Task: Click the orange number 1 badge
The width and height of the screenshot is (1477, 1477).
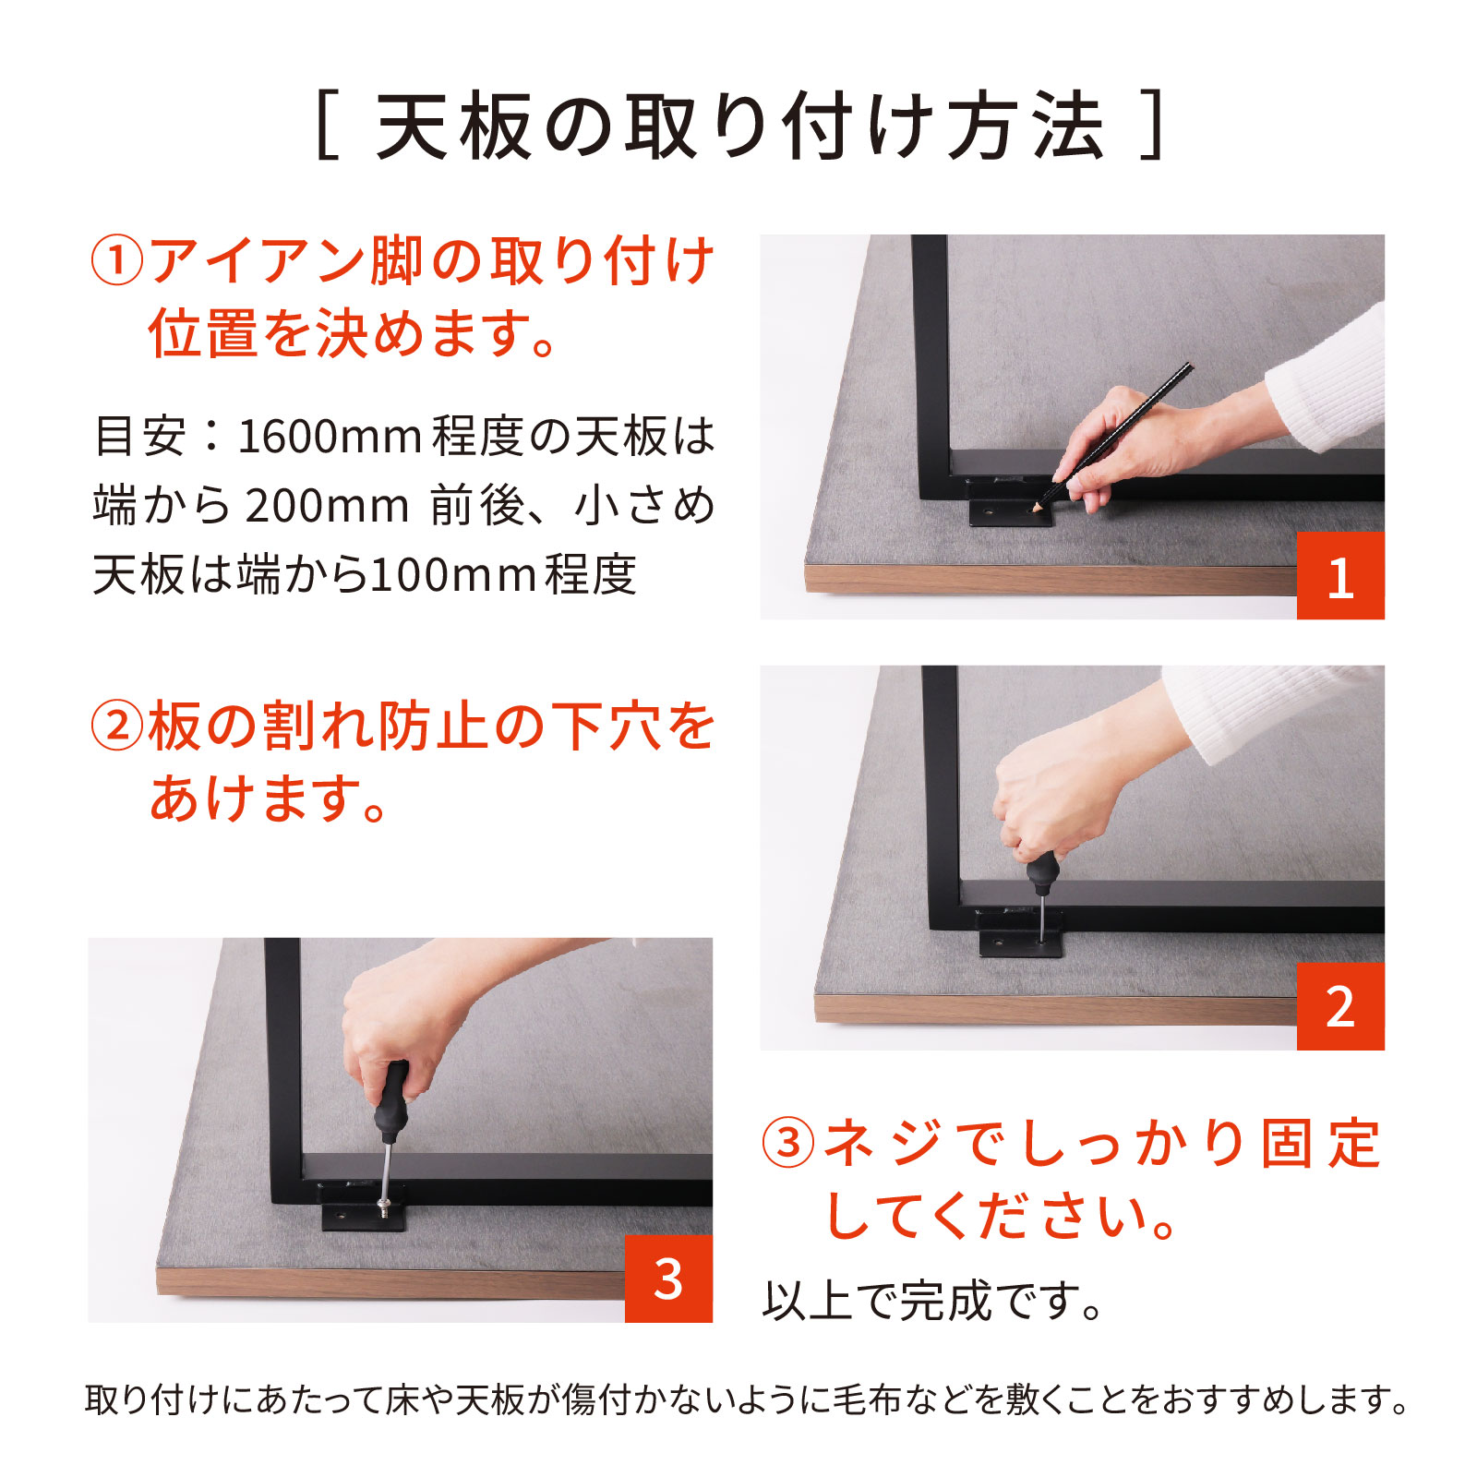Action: pyautogui.click(x=1340, y=575)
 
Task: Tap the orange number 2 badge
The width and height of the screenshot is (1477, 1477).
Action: pyautogui.click(x=1340, y=1006)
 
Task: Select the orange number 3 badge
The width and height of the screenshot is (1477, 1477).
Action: pyautogui.click(x=668, y=1279)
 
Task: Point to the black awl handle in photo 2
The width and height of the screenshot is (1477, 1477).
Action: pyautogui.click(x=1042, y=873)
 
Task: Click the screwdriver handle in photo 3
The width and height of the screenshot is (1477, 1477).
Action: pyautogui.click(x=391, y=1103)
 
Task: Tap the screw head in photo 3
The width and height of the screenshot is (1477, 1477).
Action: pyautogui.click(x=384, y=1204)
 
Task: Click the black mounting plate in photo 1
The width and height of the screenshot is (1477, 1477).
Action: pyautogui.click(x=1011, y=510)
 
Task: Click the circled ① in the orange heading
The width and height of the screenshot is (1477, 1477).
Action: pyautogui.click(x=117, y=261)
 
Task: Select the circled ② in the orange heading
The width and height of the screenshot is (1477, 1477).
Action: pyautogui.click(x=117, y=726)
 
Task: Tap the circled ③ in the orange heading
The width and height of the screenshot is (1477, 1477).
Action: pyautogui.click(x=787, y=1143)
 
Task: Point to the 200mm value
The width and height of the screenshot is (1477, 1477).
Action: pyautogui.click(x=328, y=506)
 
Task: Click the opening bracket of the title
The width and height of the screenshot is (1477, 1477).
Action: pyautogui.click(x=326, y=126)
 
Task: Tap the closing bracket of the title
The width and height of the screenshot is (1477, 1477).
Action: pyautogui.click(x=1151, y=126)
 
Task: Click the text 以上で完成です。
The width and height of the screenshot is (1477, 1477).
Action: pyautogui.click(x=933, y=1301)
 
